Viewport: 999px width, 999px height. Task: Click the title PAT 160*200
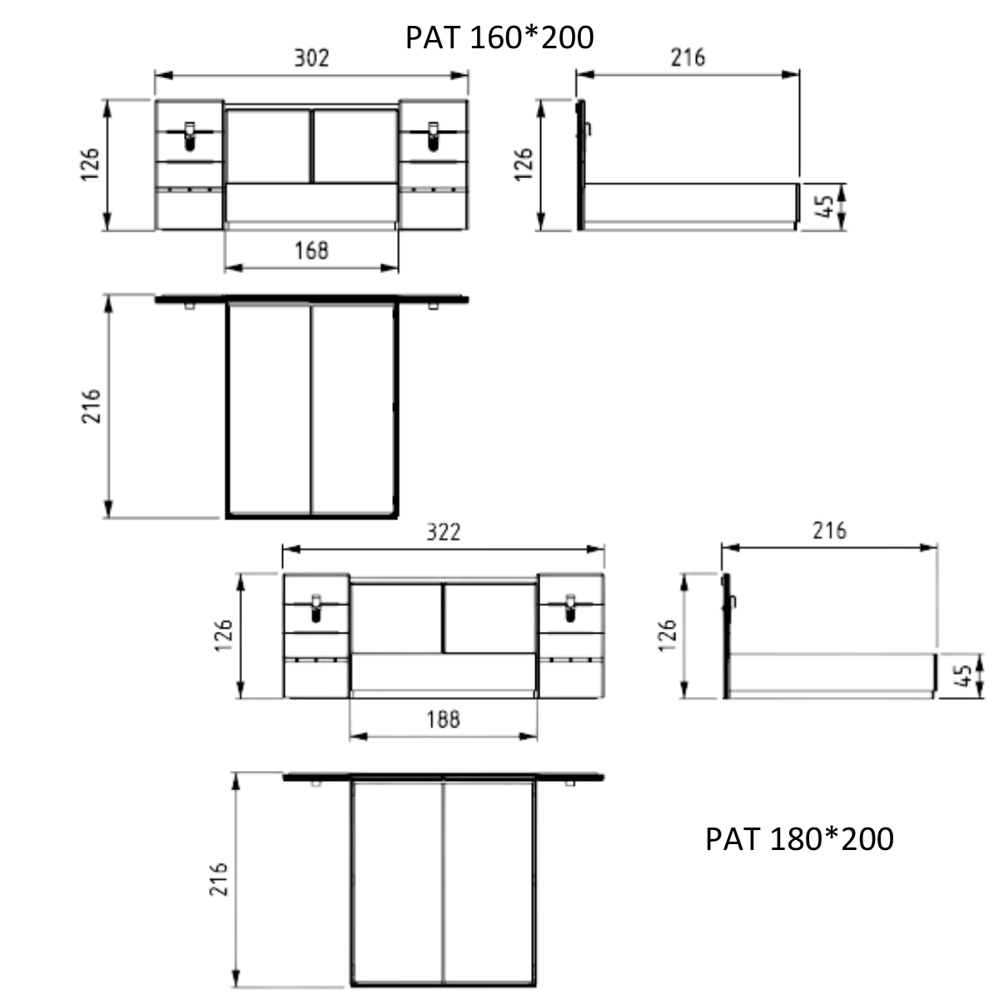pos(499,37)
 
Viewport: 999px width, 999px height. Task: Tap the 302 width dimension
pos(311,57)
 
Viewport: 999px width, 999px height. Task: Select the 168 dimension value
pos(311,251)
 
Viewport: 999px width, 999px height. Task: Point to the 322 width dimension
pos(443,532)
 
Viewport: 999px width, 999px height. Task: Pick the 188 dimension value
pos(443,719)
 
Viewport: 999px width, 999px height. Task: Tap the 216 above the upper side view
pos(688,57)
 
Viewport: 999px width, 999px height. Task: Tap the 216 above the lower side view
pos(829,531)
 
